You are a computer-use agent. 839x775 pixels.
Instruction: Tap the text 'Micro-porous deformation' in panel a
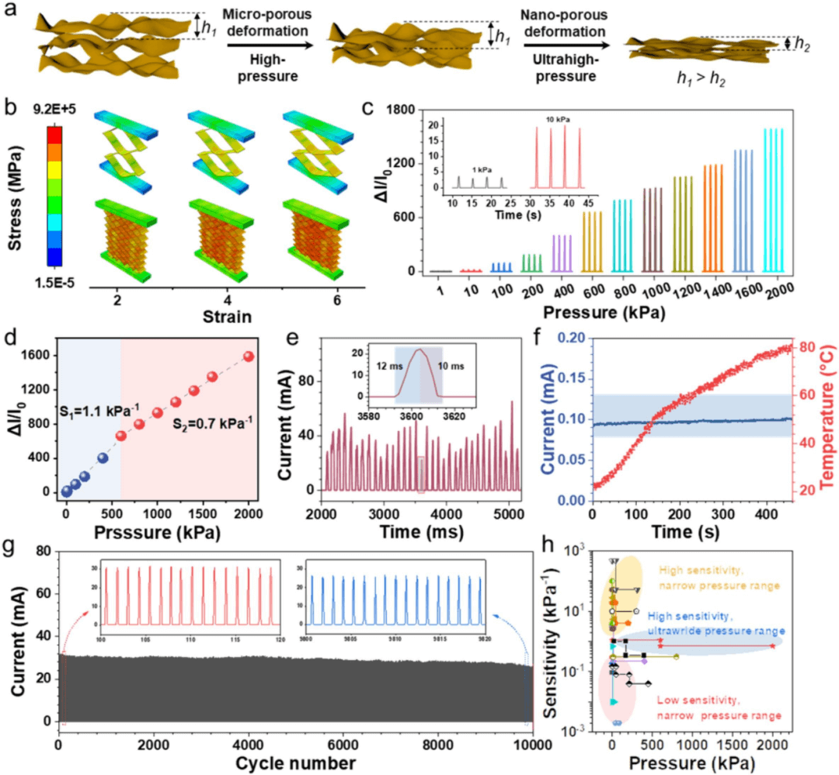click(x=269, y=24)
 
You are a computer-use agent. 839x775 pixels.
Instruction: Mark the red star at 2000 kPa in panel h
click(x=773, y=645)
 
